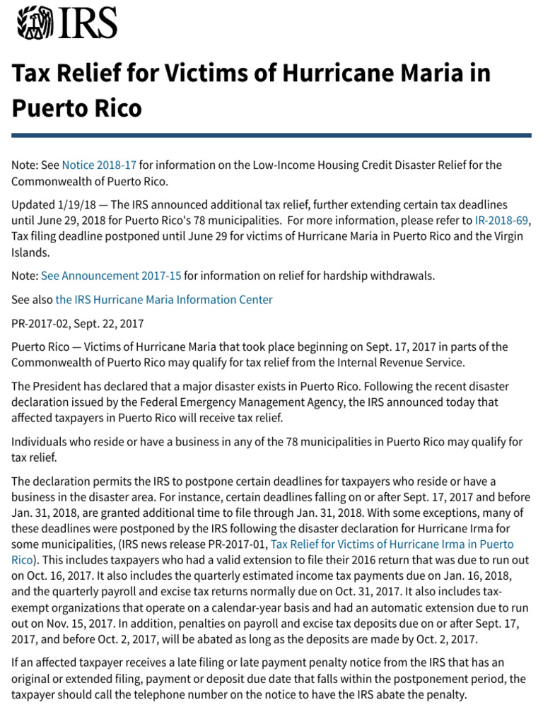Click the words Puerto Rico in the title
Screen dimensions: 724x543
[76, 108]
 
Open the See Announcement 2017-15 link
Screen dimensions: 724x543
[111, 276]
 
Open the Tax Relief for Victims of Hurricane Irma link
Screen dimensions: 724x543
[392, 544]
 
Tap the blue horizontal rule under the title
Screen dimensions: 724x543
[271, 135]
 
